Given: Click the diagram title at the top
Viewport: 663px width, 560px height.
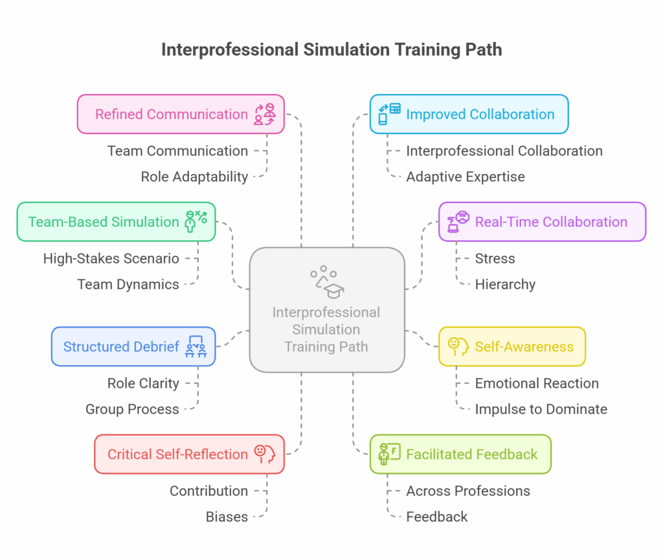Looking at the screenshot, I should [x=331, y=50].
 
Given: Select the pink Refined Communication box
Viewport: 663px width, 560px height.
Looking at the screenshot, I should [x=181, y=115].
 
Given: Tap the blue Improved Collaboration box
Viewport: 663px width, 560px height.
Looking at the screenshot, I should [x=469, y=115].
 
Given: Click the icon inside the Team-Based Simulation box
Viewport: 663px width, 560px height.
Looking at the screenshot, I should [x=196, y=221].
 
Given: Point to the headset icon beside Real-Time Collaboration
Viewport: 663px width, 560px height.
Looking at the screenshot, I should [x=461, y=221].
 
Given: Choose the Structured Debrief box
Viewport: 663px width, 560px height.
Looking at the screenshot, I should [x=133, y=346].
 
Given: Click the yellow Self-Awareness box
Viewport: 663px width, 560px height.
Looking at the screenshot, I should [x=511, y=346].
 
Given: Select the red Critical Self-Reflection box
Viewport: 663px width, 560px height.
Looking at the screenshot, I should [x=189, y=454].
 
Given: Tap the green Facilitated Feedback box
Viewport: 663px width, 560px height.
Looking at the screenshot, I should [x=460, y=454].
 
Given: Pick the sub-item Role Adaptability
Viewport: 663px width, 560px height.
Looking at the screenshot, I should [x=194, y=177].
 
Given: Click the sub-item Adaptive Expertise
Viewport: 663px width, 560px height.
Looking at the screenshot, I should [x=466, y=177].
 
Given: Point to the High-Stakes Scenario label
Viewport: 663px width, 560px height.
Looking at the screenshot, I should [x=111, y=258].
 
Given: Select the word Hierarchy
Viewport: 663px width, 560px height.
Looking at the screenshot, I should [x=505, y=284].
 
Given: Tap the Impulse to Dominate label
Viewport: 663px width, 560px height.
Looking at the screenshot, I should [x=541, y=409].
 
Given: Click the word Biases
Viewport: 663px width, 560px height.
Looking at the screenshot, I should [x=227, y=517].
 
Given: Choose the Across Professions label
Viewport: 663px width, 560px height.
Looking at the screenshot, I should [x=468, y=491].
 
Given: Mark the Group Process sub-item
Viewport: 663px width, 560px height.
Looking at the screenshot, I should [x=132, y=409].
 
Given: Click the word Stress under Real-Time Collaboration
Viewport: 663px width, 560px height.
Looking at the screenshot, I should [x=495, y=258].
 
